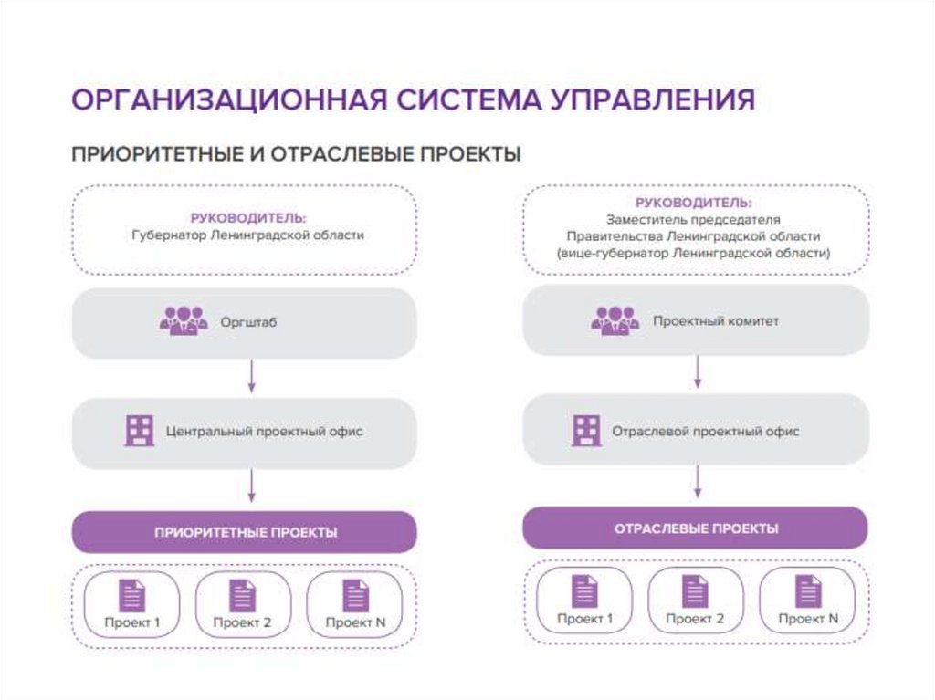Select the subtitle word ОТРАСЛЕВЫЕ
click(346, 153)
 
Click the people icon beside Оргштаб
click(184, 321)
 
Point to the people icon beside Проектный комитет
click(615, 320)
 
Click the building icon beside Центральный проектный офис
click(139, 431)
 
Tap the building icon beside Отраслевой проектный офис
click(586, 430)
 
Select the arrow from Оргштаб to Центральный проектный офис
click(251, 376)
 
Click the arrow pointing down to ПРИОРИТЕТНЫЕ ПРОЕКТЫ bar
click(251, 486)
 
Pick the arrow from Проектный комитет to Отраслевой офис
click(699, 372)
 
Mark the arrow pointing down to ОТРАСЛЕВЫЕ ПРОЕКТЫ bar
click(699, 481)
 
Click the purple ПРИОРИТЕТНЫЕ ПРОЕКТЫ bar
click(245, 532)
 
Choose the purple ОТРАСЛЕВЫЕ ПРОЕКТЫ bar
click(695, 528)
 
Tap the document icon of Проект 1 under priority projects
click(132, 596)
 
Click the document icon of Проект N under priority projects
click(355, 596)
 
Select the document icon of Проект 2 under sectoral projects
click(695, 591)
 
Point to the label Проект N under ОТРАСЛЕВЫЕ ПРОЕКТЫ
click(808, 619)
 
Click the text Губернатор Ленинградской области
click(247, 235)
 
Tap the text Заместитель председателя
click(694, 220)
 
